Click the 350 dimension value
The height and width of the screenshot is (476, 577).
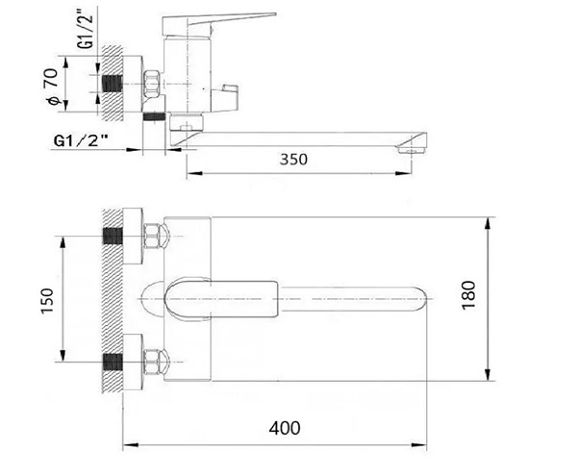[x=293, y=160]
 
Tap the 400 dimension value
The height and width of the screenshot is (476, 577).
[x=285, y=428]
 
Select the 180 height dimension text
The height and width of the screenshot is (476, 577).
[x=469, y=295]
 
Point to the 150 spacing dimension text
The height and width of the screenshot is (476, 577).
[x=47, y=301]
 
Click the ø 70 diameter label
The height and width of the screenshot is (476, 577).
[x=52, y=87]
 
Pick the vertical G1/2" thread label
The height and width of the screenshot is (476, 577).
[x=87, y=28]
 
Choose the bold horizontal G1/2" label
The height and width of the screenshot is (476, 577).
[x=81, y=140]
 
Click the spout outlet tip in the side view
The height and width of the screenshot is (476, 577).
[x=412, y=149]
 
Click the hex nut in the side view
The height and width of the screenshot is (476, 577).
[x=151, y=84]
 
